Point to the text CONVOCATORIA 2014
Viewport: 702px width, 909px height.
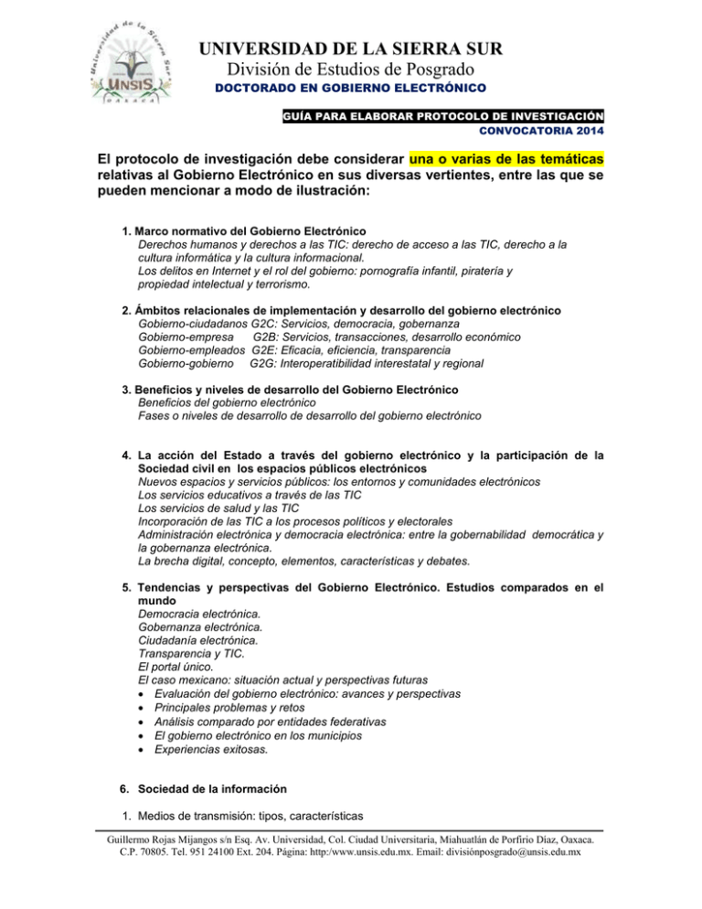pyautogui.click(x=544, y=133)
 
